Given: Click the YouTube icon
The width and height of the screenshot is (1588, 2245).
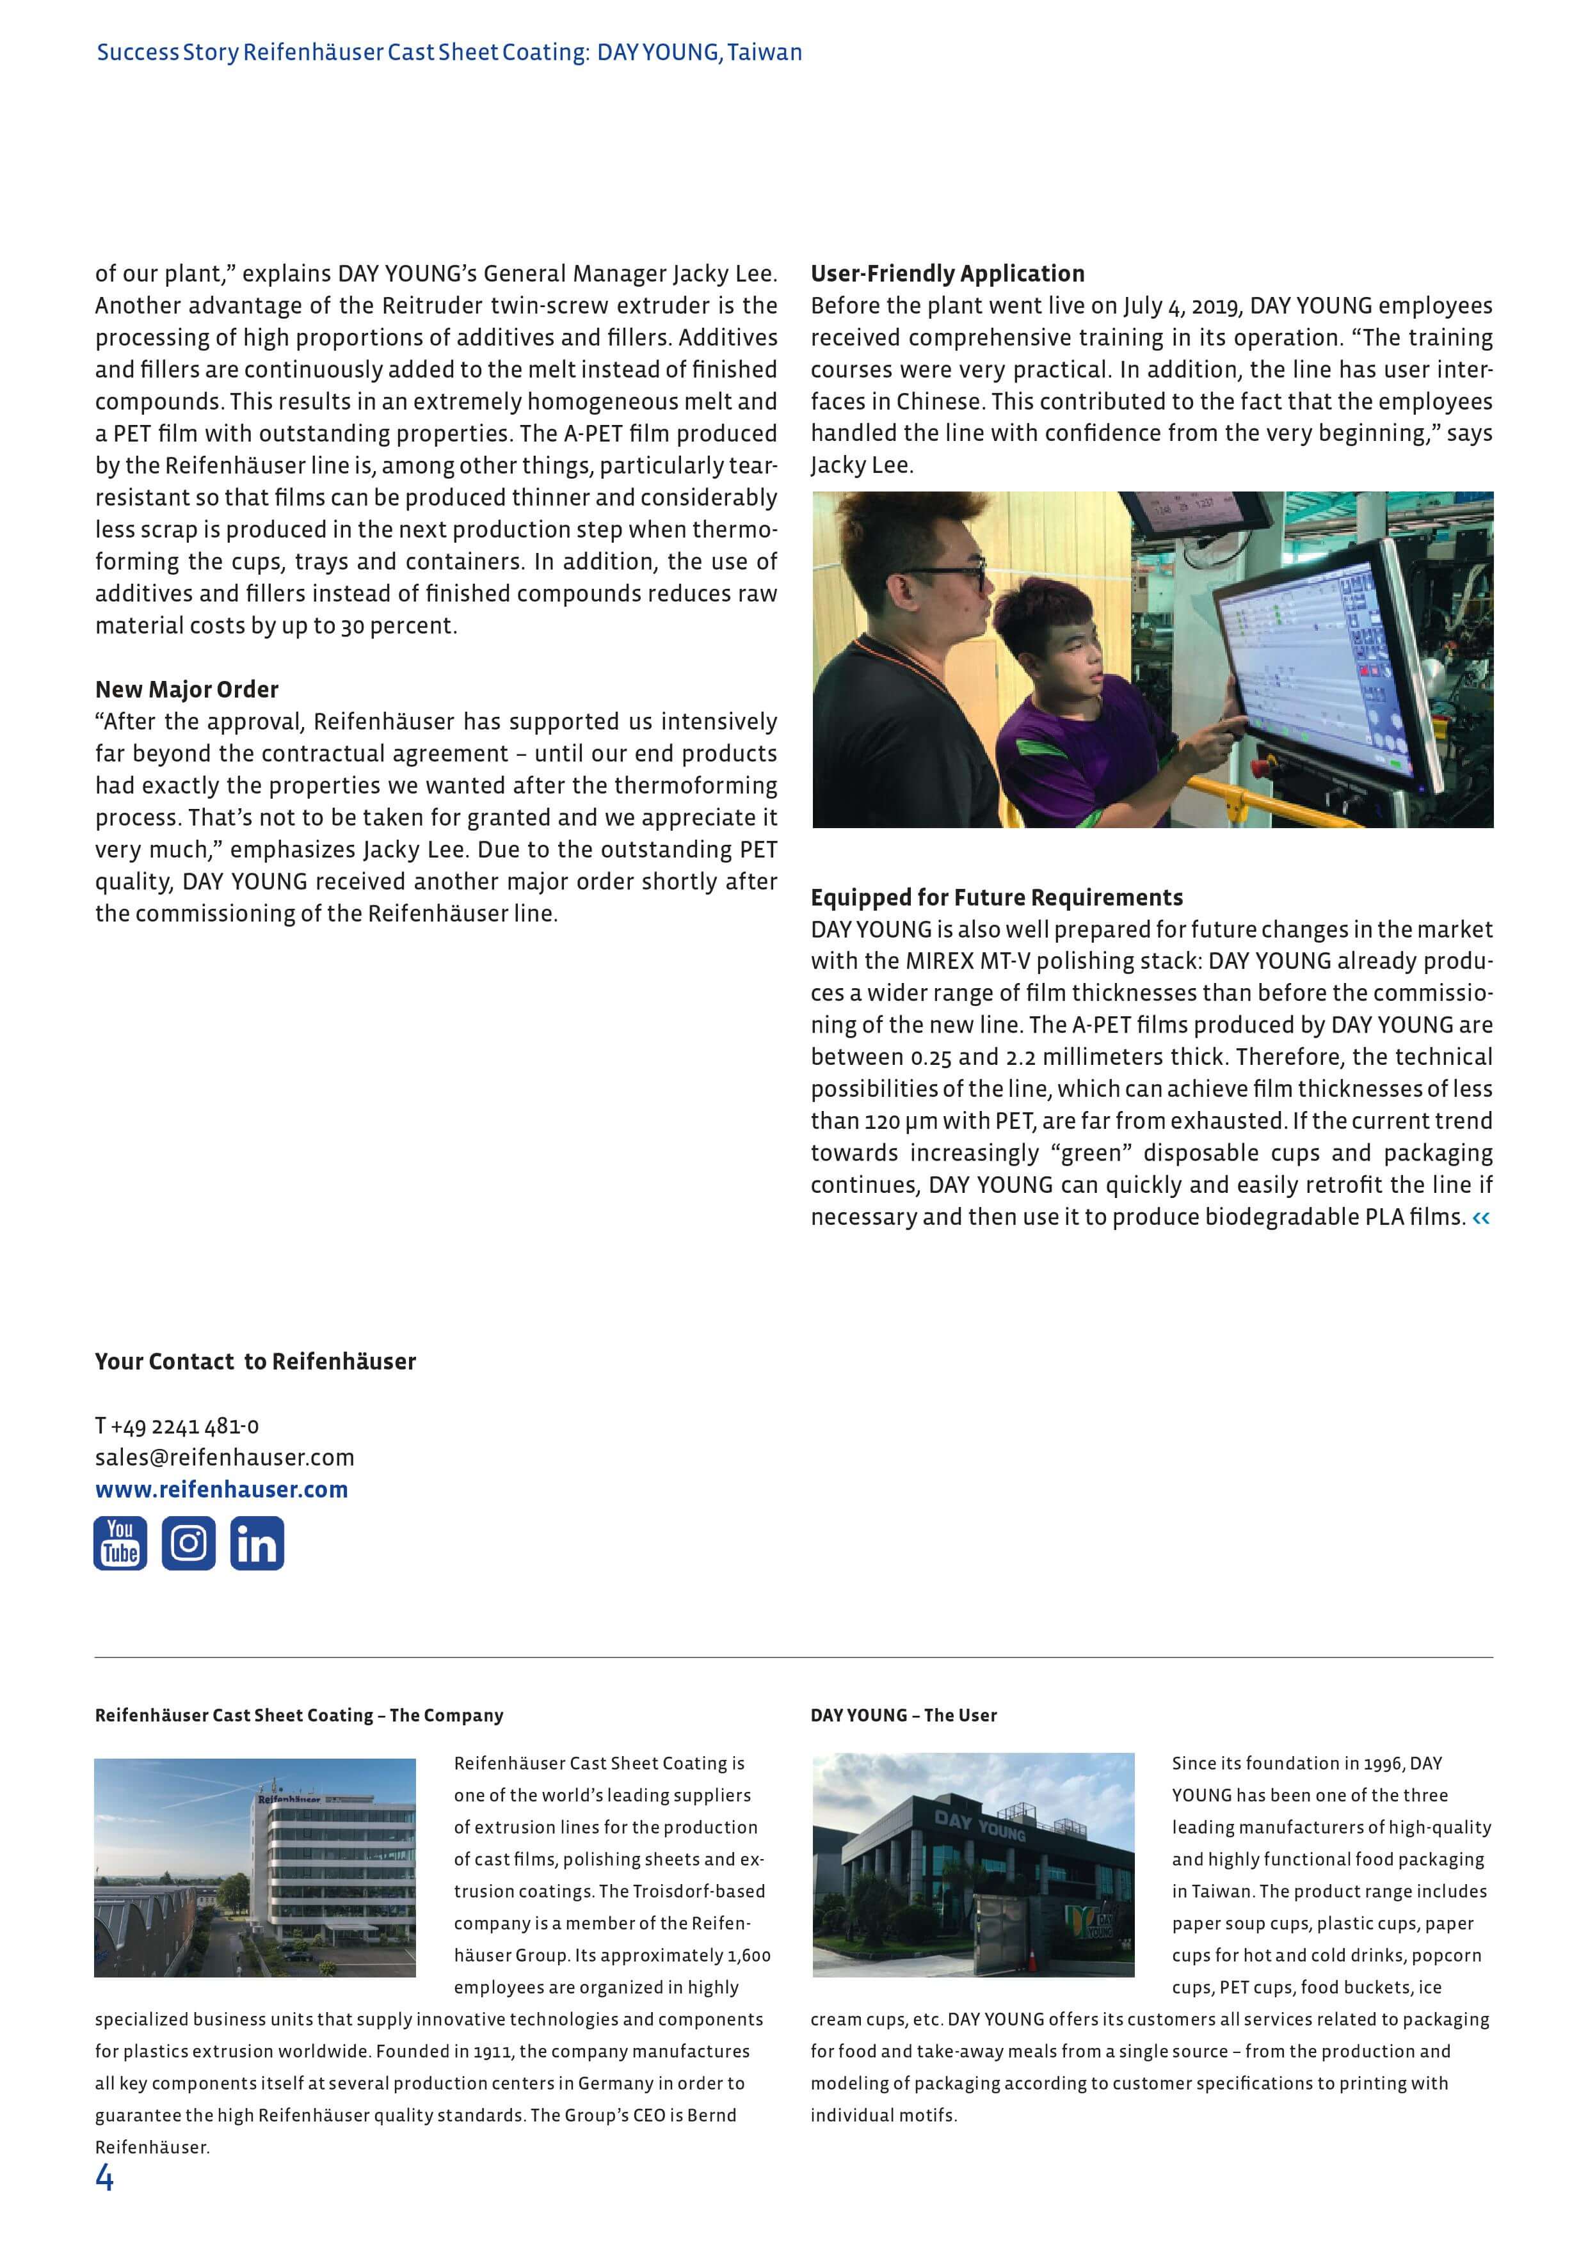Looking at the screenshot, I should (120, 1543).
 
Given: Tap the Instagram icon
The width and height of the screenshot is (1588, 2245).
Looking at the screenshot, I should (189, 1543).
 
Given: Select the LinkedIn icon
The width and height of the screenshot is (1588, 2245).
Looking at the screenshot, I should (257, 1543).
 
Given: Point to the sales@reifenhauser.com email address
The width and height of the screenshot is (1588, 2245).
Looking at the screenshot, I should (224, 1457).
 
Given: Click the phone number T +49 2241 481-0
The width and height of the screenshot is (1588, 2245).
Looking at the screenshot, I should (177, 1426).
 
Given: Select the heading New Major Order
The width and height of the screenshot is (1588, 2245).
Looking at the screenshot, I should (187, 689).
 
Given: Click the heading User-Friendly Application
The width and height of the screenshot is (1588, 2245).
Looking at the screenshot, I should (947, 274).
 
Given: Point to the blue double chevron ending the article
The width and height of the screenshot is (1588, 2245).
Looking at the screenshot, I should (1480, 1217).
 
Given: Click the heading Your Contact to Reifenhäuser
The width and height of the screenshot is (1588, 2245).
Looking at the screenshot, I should (255, 1361).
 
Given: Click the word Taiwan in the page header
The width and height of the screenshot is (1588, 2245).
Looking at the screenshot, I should (765, 53).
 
